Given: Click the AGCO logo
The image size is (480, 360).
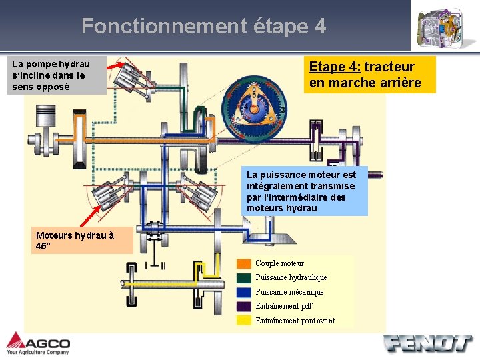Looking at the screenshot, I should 38,343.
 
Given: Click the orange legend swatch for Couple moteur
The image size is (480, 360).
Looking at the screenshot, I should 245,263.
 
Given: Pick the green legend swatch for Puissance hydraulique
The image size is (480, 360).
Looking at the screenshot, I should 245,277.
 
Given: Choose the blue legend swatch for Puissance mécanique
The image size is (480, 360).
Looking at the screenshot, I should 245,292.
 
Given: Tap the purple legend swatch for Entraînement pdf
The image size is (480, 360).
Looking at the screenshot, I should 245,306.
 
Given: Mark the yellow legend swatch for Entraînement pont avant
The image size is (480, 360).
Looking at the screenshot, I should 245,321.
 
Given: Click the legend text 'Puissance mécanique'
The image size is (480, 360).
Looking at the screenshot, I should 289,292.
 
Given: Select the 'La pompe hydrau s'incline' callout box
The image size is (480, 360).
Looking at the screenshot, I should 57,75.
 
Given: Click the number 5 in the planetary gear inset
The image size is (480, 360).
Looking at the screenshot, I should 254,95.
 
